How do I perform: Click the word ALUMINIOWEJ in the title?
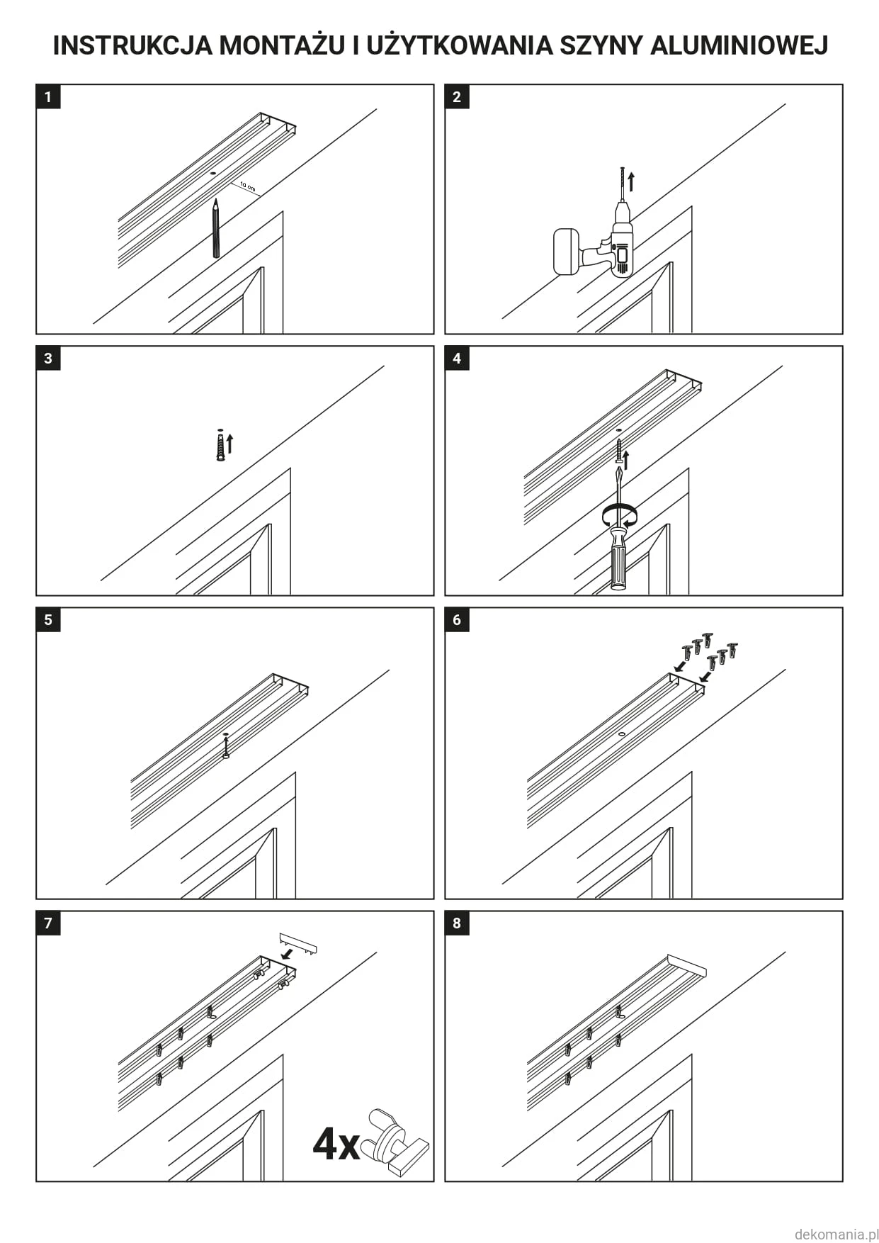point(739,45)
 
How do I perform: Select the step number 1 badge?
point(48,96)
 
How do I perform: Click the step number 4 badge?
point(457,358)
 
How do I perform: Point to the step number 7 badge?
point(48,923)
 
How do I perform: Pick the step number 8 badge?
point(457,923)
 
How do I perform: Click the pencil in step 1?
point(215,228)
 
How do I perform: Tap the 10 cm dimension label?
point(247,186)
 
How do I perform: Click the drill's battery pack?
point(566,251)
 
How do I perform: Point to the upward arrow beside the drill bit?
point(631,182)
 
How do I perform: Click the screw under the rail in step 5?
point(226,747)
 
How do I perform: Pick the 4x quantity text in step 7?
point(336,1143)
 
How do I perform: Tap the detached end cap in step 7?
point(298,943)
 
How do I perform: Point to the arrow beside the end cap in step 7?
point(288,954)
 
